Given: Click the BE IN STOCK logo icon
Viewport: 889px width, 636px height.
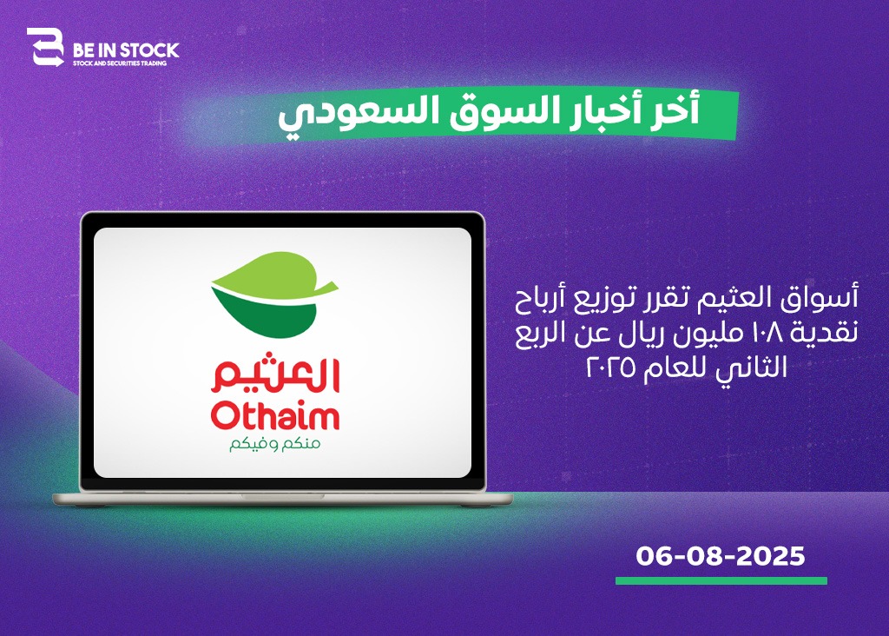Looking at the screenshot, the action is point(45,47).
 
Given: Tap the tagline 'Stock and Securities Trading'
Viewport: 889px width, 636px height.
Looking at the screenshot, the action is point(120,63).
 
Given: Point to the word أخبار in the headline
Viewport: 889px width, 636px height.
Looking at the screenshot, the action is point(592,110).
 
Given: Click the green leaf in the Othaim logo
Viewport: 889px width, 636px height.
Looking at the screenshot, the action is point(275,295).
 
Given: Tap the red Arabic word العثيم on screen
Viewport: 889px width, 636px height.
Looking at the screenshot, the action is point(275,375).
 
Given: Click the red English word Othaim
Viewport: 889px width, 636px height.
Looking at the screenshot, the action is point(275,416).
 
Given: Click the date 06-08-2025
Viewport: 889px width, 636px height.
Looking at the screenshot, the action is point(721,556).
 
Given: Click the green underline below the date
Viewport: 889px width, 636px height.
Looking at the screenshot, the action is point(721,581).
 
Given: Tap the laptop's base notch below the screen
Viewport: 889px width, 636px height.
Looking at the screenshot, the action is point(283,496).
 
